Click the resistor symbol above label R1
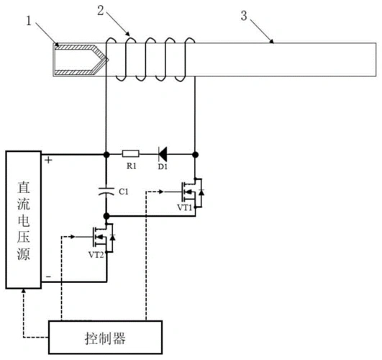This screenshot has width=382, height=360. coord(130,153)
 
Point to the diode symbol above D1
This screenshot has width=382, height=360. coord(162,153)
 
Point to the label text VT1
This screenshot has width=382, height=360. coord(186,207)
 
